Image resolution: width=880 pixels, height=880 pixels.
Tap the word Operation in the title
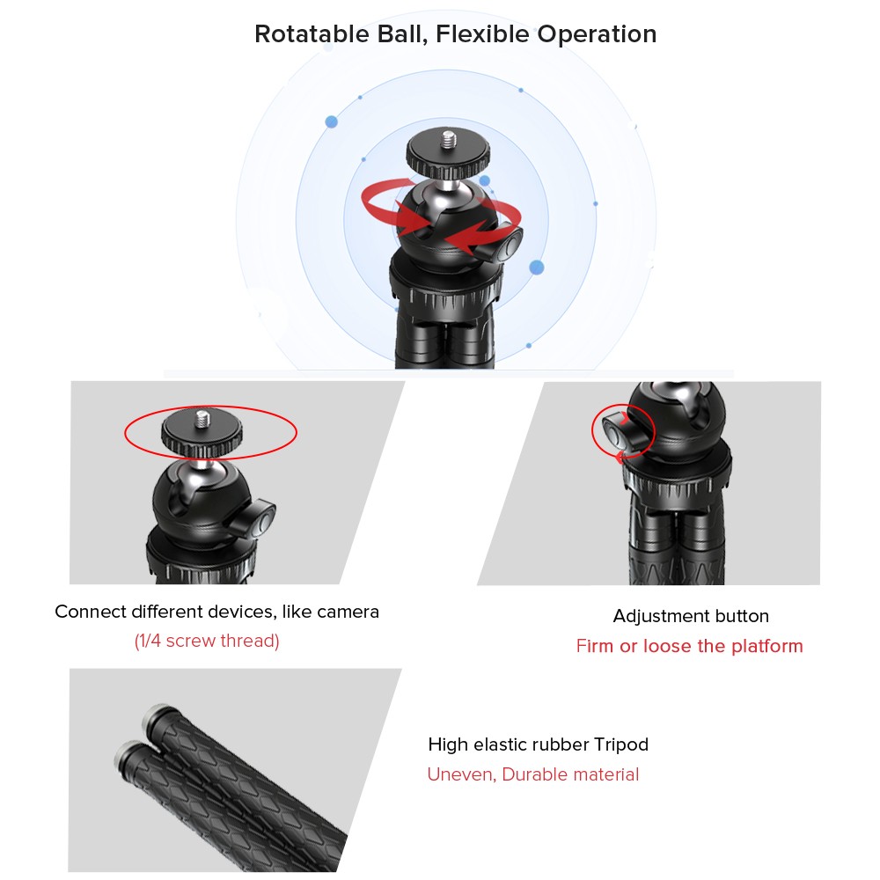click(598, 34)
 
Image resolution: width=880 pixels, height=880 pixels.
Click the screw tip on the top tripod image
click(448, 140)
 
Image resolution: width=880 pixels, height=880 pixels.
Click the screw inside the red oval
click(202, 419)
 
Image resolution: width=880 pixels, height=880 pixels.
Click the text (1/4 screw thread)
click(207, 641)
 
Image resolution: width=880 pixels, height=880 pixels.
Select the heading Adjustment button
click(691, 616)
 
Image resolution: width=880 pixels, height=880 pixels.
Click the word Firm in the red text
click(595, 646)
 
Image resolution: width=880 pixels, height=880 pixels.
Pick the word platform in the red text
click(767, 647)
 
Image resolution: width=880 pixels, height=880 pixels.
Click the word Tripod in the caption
click(621, 745)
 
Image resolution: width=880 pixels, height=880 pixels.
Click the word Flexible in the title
click(482, 34)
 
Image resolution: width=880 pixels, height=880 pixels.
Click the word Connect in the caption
click(91, 612)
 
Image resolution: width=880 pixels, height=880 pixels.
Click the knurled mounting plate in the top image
click(448, 155)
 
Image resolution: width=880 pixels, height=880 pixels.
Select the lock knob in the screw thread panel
click(258, 518)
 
